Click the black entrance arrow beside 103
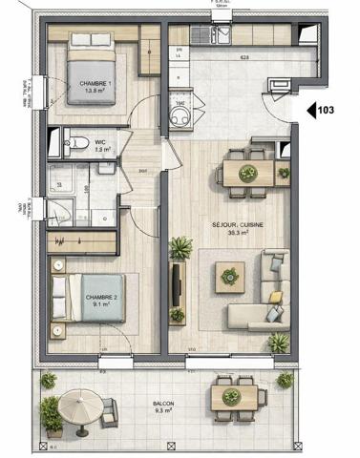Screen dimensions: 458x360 [x=311, y=111]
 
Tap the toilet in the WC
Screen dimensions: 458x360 [x=70, y=145]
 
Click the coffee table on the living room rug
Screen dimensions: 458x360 [x=229, y=278]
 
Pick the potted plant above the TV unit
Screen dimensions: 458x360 [x=180, y=250]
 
